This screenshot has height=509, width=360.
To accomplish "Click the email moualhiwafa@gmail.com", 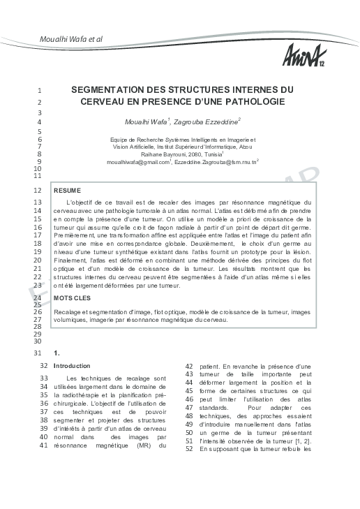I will point(138,162).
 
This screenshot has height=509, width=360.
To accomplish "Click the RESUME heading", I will point(68,190).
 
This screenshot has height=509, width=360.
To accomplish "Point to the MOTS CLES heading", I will point(72,297).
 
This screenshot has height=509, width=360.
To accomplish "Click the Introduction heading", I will point(72,365).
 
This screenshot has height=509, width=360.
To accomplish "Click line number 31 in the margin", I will point(38,353).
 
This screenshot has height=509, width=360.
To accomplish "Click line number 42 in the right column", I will point(189,365).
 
